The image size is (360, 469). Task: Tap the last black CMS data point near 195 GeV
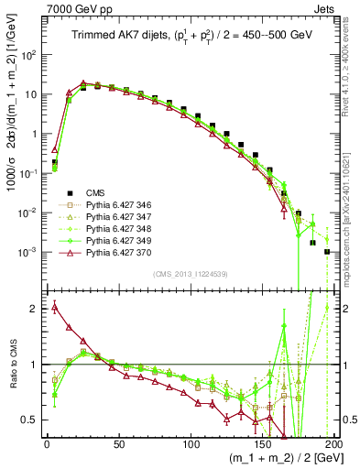327,251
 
